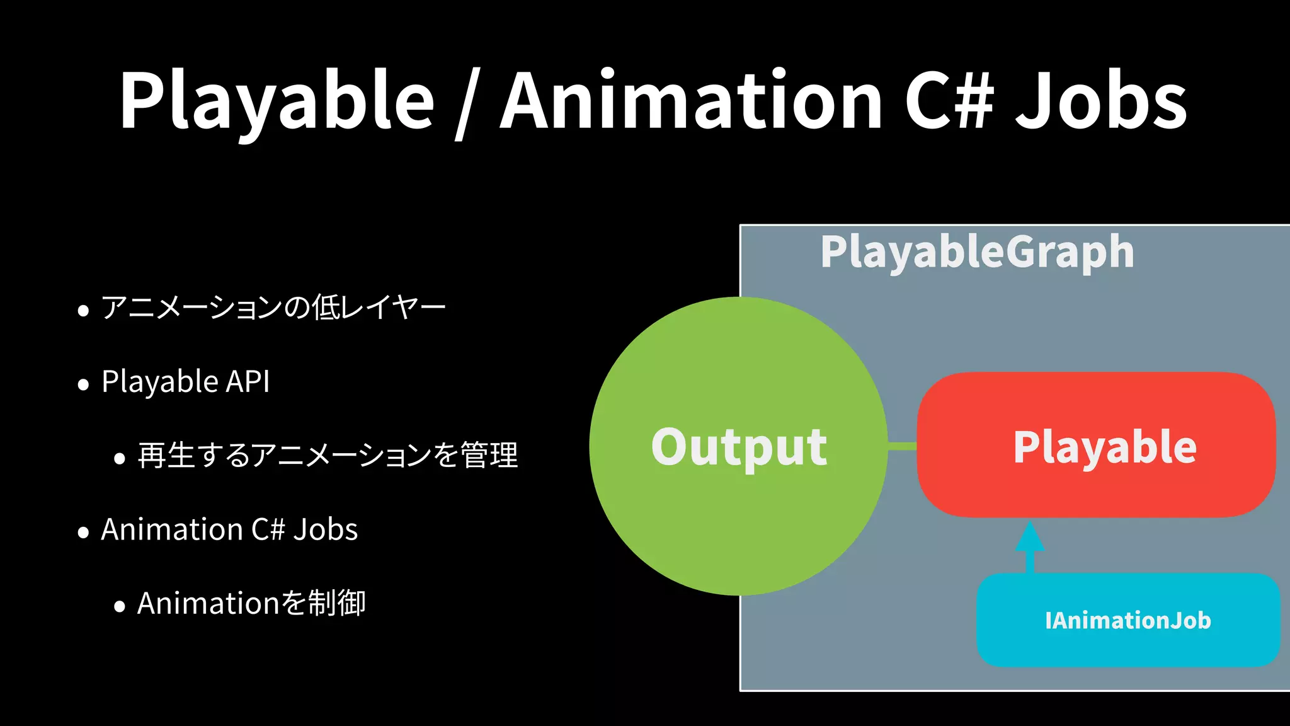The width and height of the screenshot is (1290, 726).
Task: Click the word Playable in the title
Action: pos(277,101)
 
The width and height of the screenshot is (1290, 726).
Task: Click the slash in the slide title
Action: pos(465,104)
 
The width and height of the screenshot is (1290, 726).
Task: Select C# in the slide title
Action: pos(949,101)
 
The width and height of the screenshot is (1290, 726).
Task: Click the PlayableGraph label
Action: pos(977,252)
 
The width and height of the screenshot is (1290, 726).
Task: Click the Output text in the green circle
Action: pos(739,447)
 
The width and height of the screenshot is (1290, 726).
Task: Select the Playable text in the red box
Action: pos(1105,447)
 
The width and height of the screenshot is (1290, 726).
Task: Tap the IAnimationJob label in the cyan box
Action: pos(1127,620)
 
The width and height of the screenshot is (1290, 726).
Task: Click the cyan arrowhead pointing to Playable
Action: pos(1030,537)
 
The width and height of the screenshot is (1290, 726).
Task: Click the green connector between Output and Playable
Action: pos(902,446)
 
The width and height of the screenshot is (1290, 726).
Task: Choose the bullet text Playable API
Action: pos(186,381)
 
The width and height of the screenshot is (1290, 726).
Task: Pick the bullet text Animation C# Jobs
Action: pos(229,529)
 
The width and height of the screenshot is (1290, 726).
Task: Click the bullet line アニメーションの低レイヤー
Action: pos(273,308)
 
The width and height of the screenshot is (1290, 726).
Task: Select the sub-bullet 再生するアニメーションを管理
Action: pos(328,455)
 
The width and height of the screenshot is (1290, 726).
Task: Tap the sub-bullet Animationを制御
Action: pos(251,603)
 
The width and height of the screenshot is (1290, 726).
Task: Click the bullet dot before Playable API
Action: pos(83,384)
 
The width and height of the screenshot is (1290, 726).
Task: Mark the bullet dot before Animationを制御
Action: pos(120,607)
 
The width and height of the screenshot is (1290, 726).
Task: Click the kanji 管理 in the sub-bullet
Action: pos(489,455)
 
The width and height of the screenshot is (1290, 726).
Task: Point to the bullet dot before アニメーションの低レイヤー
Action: pos(83,311)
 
